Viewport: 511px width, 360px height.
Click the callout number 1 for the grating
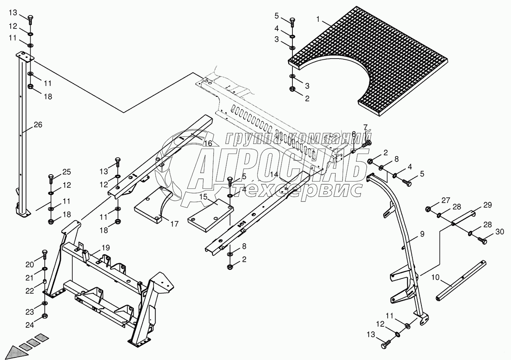pos(318,18)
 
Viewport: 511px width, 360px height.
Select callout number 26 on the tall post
pos(38,125)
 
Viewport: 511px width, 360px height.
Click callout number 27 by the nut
pos(446,200)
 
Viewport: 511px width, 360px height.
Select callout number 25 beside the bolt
pos(67,172)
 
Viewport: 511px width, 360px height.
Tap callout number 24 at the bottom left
pos(30,325)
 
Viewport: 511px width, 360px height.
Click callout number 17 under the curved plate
pos(174,224)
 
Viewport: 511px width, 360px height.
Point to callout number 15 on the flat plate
pos(203,197)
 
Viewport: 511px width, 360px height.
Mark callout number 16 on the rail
pos(207,143)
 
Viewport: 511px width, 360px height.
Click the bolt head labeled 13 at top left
pos(31,18)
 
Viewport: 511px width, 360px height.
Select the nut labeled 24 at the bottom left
pos(44,316)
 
